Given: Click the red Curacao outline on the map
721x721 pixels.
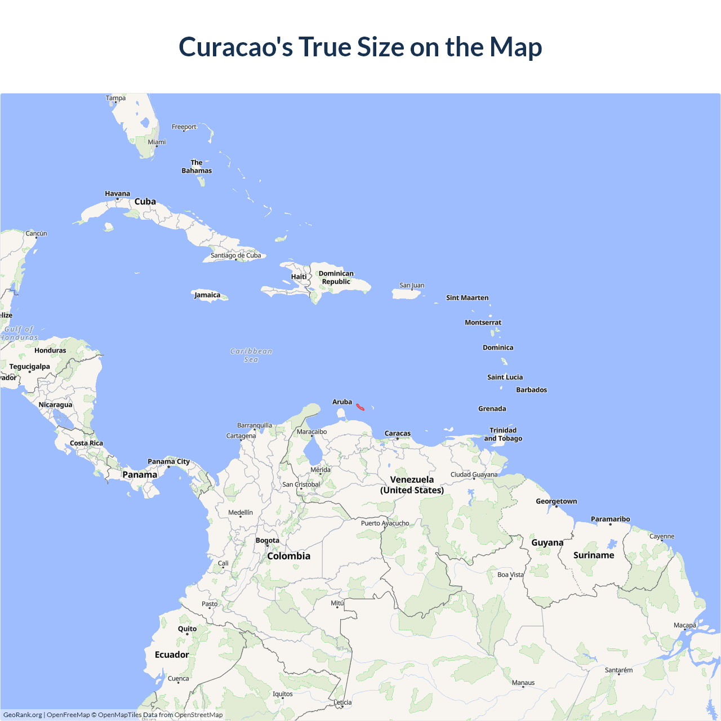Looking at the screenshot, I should (360, 407).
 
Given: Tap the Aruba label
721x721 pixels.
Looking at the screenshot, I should (342, 402).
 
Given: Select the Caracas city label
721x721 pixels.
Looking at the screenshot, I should (398, 433).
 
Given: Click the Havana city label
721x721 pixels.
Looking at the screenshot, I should (117, 194).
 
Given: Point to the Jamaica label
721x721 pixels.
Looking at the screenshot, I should (207, 295).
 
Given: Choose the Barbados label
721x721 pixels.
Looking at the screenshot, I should (531, 390).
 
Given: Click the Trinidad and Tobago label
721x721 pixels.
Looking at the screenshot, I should (503, 434).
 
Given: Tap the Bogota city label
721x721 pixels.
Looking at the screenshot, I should (268, 540).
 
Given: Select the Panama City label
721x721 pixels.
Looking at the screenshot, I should (168, 461).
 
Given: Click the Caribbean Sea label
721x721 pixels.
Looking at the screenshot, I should (251, 355).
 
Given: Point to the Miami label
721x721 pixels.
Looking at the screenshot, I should (157, 142).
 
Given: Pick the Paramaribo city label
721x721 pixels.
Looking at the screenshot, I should (610, 519).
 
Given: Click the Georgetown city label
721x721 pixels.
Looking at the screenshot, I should (556, 501).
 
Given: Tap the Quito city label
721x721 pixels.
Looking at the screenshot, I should (187, 629).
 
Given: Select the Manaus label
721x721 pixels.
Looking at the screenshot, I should (523, 683).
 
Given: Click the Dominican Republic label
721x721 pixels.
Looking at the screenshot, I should (336, 277).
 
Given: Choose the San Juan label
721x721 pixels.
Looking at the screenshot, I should (412, 285).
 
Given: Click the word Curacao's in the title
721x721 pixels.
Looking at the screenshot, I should (235, 47).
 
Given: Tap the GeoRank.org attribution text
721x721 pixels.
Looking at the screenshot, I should (23, 715).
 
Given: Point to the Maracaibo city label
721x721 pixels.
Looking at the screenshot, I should (311, 431).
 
